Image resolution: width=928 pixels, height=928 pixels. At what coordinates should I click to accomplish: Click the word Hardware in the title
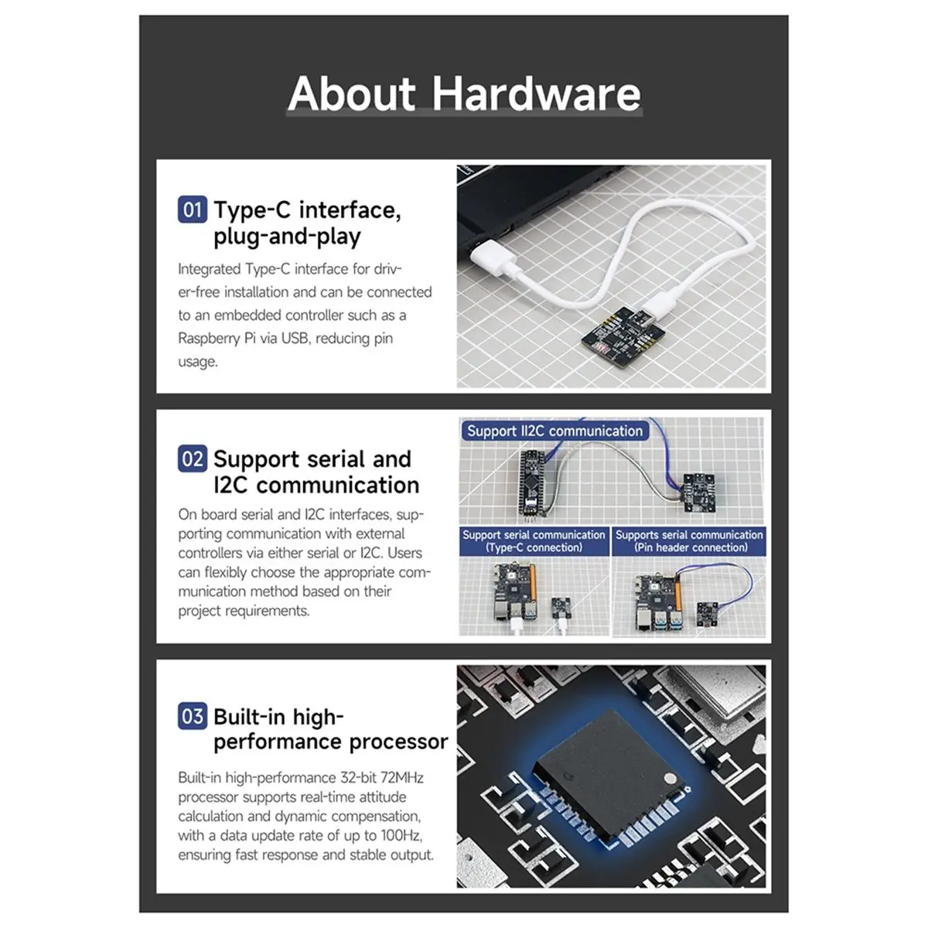pos(536,94)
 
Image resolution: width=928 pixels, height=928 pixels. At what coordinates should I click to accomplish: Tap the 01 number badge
pos(192,210)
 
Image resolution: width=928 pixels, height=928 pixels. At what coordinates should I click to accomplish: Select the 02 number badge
pos(192,459)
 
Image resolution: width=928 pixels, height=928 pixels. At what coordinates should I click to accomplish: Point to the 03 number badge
pos(192,716)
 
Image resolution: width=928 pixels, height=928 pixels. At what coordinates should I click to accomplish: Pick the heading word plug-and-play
pos(287,237)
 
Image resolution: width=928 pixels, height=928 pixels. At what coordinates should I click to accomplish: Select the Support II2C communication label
pos(554,431)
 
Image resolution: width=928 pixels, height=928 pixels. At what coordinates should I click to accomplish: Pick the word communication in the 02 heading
pos(337,486)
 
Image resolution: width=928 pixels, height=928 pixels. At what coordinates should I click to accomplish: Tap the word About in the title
pos(352,94)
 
